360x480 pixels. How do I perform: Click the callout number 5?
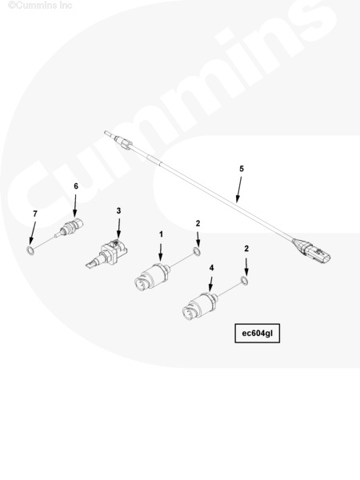click(242, 169)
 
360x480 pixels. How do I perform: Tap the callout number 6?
click(76, 186)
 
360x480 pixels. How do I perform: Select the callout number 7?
click(35, 214)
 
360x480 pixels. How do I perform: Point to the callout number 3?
click(118, 210)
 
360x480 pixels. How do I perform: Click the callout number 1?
click(161, 234)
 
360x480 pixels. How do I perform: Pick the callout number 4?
click(211, 268)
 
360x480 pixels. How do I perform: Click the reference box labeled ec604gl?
click(257, 333)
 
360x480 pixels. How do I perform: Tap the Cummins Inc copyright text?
click(40, 6)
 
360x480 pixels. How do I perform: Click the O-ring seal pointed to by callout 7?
click(30, 250)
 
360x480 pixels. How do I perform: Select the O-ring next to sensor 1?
click(197, 252)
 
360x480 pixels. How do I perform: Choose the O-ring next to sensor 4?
click(244, 281)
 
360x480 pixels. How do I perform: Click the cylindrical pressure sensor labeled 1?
click(152, 276)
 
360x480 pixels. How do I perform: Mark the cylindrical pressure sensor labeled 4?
click(200, 306)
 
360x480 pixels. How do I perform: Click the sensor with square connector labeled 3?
click(106, 254)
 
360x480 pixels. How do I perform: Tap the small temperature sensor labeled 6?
click(70, 228)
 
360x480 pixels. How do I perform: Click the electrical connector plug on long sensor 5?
click(312, 250)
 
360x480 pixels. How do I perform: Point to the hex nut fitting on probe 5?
click(126, 143)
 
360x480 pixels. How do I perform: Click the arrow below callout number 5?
click(238, 190)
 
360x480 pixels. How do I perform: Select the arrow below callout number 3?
click(118, 228)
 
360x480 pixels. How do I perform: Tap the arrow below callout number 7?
click(33, 233)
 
